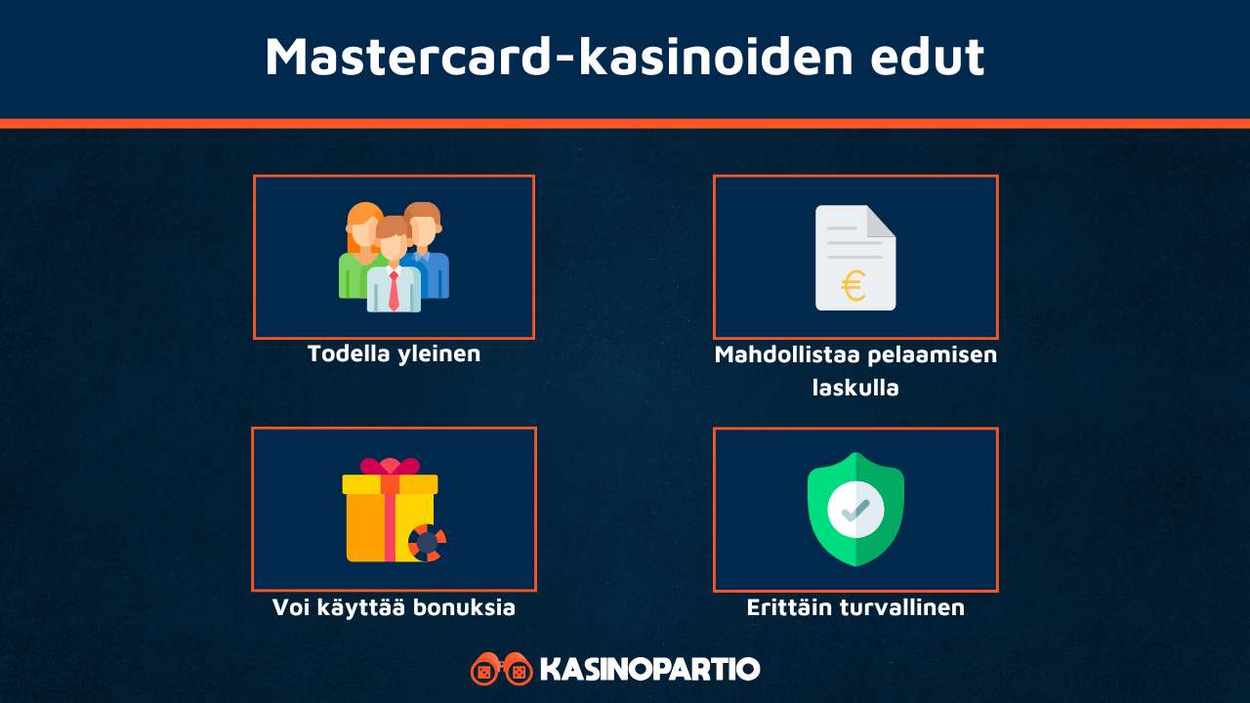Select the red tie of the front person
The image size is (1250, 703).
click(394, 290)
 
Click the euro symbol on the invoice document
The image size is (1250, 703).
click(854, 286)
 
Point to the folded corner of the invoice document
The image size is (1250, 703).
click(881, 221)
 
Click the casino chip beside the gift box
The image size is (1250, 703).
click(427, 543)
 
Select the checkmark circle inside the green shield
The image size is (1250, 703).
click(855, 509)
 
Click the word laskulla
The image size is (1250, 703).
click(855, 388)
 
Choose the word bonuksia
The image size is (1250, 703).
click(471, 607)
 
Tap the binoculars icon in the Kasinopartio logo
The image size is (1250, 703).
click(501, 670)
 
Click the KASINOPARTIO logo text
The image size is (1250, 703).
click(649, 670)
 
